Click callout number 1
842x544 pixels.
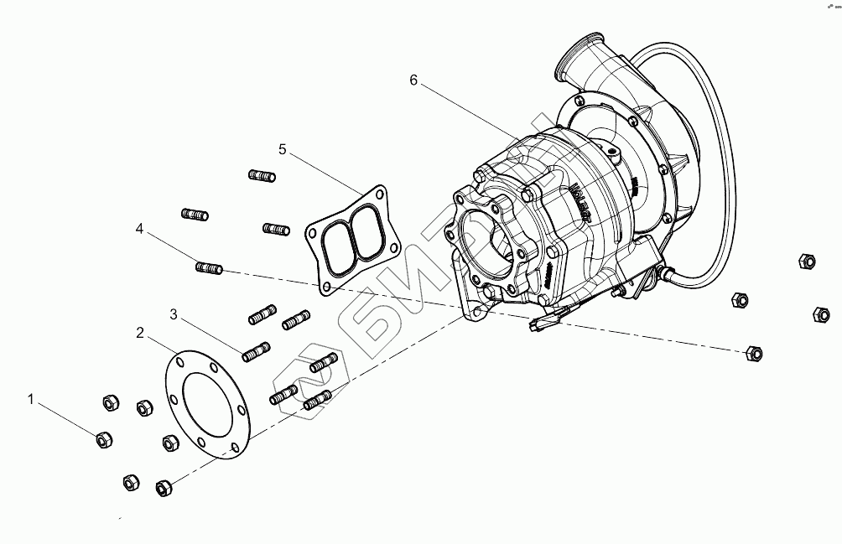32,400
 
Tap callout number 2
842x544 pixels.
141,333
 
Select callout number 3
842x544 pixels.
174,314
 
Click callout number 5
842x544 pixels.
283,149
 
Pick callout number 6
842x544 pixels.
413,80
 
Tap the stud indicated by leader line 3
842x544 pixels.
255,353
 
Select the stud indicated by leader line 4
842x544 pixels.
208,268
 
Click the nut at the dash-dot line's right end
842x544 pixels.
752,353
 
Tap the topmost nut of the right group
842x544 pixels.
806,261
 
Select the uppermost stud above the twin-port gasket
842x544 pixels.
262,176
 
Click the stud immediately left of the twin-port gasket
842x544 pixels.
276,229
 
